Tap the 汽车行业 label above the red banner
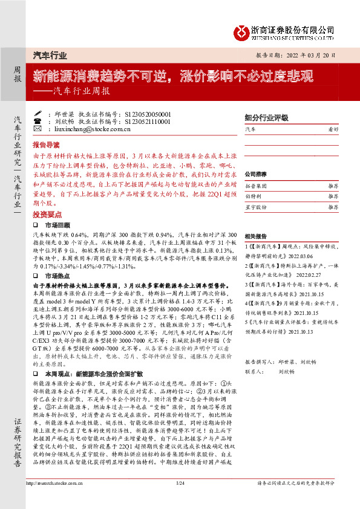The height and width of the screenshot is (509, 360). pos(49,55)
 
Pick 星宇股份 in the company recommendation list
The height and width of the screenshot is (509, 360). pos(256,207)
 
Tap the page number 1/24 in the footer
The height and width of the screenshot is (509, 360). pos(180,500)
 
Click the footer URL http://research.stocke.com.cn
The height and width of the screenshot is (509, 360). pos(54,500)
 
